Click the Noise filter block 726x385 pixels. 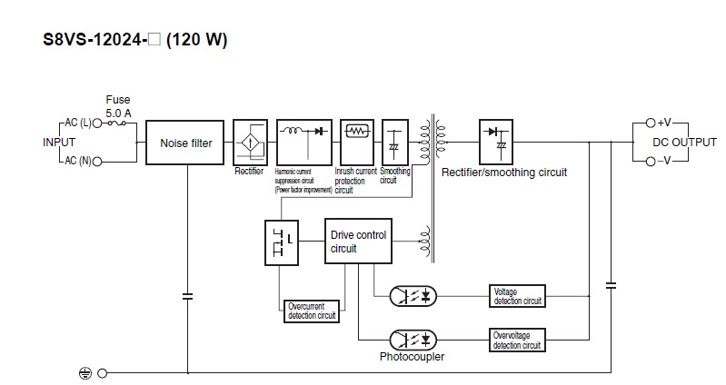[x=186, y=143]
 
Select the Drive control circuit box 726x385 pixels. [x=358, y=242]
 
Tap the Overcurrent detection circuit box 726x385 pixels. [x=312, y=311]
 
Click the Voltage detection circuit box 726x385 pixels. [x=517, y=295]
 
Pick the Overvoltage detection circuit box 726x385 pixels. [x=517, y=340]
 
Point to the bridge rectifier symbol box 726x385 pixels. [x=248, y=141]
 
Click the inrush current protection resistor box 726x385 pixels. [x=357, y=132]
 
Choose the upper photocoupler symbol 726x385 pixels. [x=413, y=295]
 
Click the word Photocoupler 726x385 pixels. [x=412, y=357]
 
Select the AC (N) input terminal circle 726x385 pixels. [x=97, y=161]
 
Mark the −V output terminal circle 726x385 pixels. [x=650, y=162]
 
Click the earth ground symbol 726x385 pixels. [x=85, y=373]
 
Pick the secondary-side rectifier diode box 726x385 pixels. [x=495, y=141]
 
